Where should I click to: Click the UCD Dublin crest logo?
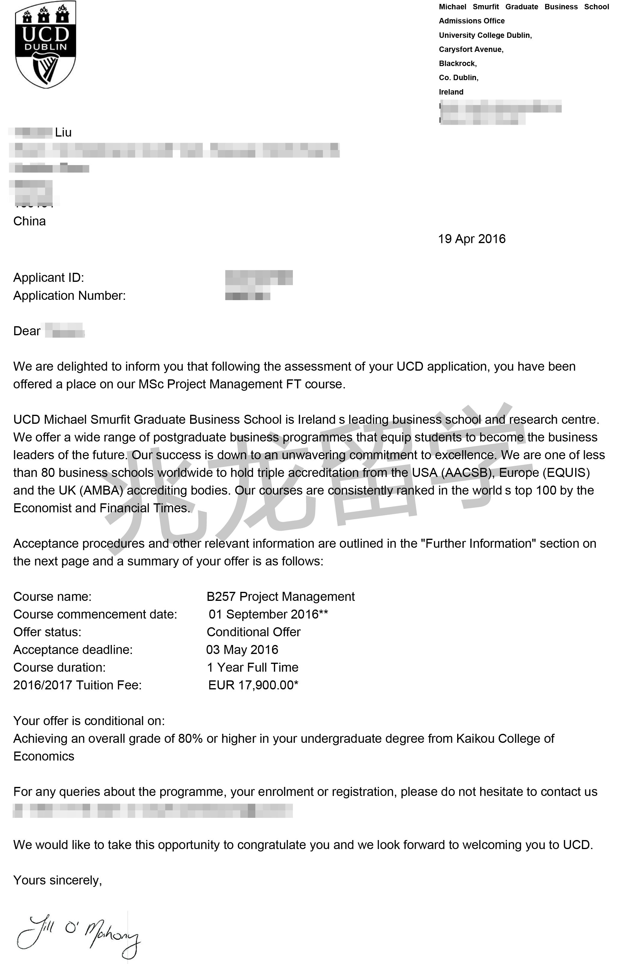pos(45,44)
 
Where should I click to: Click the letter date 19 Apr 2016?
pos(471,239)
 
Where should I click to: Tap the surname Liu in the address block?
pos(63,132)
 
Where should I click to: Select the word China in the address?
pos(29,221)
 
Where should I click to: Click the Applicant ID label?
pos(49,278)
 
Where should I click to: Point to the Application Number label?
pos(69,296)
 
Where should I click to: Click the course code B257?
pos(221,597)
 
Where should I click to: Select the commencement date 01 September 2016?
pos(263,614)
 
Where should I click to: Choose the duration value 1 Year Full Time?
pos(253,667)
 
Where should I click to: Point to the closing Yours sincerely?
pos(58,880)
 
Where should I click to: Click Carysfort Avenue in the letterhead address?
pos(471,50)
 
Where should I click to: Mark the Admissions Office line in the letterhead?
pos(472,21)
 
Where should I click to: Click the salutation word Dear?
pos(27,331)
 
